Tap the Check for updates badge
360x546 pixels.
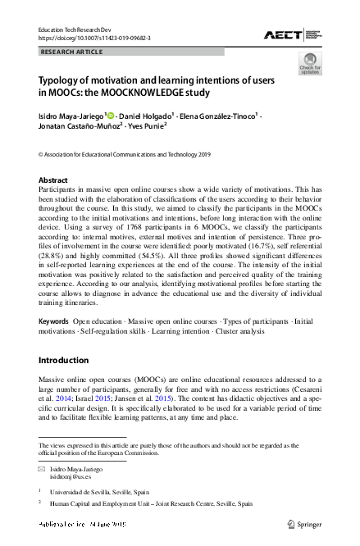(x=310, y=64)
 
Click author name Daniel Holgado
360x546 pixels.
(x=145, y=116)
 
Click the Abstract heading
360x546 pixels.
(x=53, y=180)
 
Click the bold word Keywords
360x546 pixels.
(x=53, y=322)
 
